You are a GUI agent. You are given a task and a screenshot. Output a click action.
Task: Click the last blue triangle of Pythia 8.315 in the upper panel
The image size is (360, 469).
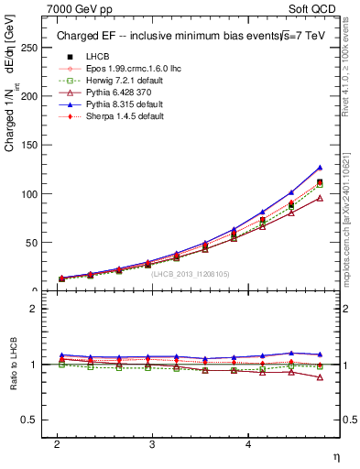pyautogui.click(x=320, y=168)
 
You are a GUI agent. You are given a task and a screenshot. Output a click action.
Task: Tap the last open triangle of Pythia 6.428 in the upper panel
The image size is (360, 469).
pyautogui.click(x=320, y=198)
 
